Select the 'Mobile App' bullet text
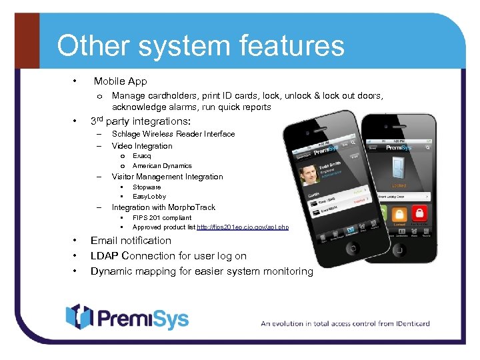[x=120, y=81]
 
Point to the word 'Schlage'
[x=126, y=134]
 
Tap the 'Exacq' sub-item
[x=141, y=155]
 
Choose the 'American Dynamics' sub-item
[x=162, y=165]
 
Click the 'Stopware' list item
[x=147, y=187]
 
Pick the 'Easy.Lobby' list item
[x=149, y=197]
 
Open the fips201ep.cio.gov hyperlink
[x=243, y=227]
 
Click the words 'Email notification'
[x=131, y=241]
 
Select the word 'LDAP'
[x=105, y=256]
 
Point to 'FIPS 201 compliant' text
[x=162, y=217]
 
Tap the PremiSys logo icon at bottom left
[x=78, y=316]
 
